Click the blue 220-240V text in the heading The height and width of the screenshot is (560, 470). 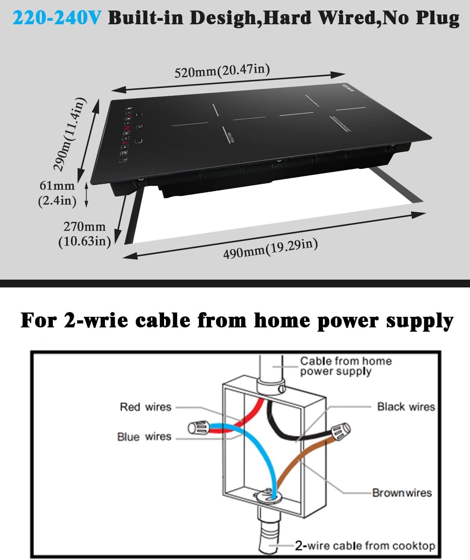58,18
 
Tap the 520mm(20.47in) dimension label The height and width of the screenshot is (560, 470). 222,71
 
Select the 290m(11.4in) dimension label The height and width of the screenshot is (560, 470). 69,134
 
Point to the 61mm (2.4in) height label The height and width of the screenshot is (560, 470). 57,193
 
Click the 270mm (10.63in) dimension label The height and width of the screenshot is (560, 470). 84,234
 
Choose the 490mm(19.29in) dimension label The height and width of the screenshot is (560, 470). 270,249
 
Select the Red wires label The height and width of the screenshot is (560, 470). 146,407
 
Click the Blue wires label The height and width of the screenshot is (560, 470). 144,437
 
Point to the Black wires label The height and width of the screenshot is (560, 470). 406,407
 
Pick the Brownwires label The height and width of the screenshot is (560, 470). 402,493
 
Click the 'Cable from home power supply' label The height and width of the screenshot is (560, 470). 345,366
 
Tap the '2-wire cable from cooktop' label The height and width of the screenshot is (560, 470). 365,546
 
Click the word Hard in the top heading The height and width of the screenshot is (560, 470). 286,18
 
